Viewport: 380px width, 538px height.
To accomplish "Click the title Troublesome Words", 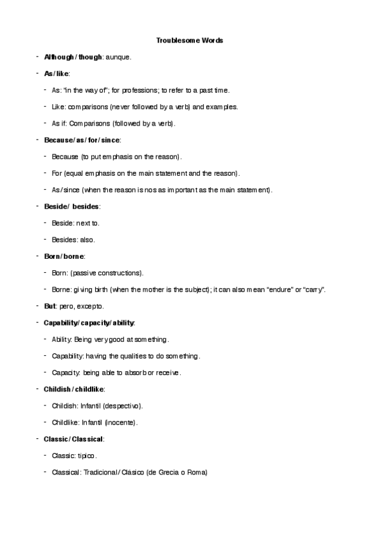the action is click(x=190, y=41).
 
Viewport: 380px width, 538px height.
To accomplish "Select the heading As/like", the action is click(x=56, y=74).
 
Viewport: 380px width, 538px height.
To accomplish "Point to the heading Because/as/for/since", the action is click(x=82, y=140).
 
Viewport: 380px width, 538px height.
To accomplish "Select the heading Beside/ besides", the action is click(x=72, y=206).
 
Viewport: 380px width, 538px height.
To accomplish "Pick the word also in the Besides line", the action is click(x=88, y=239).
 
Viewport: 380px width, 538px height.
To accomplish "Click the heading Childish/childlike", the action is click(x=74, y=389).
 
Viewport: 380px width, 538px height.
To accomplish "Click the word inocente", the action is click(x=120, y=422).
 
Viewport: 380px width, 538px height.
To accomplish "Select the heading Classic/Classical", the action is click(x=74, y=439).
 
